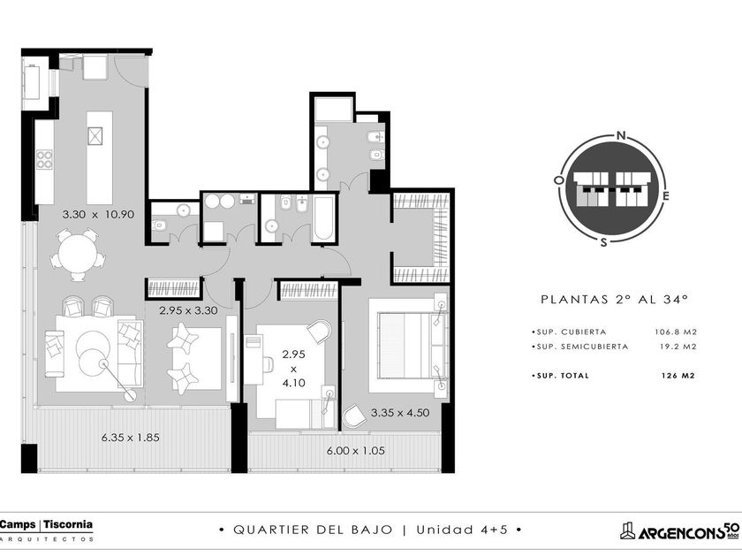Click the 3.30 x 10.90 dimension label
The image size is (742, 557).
(x=98, y=215)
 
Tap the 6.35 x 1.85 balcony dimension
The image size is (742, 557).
(x=131, y=438)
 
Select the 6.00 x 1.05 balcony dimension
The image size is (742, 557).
(x=356, y=451)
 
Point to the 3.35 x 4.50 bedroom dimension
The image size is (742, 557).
(x=400, y=413)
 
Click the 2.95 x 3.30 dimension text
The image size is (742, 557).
(x=188, y=311)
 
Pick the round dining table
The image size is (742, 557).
(x=78, y=254)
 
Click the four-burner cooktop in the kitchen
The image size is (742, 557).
(x=44, y=159)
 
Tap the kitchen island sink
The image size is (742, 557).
(x=95, y=136)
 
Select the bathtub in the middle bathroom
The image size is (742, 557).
(x=323, y=218)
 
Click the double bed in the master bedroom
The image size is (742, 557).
(x=408, y=346)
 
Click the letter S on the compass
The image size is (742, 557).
(x=603, y=242)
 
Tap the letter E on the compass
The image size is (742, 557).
(x=666, y=196)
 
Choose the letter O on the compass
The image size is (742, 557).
(x=559, y=180)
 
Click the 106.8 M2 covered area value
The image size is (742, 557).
(x=676, y=332)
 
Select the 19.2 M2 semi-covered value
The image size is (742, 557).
(x=678, y=347)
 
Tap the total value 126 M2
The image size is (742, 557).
(x=678, y=376)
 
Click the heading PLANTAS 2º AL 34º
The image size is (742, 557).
(x=614, y=300)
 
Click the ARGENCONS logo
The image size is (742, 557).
(x=679, y=531)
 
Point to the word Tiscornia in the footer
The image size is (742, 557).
(x=68, y=525)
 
